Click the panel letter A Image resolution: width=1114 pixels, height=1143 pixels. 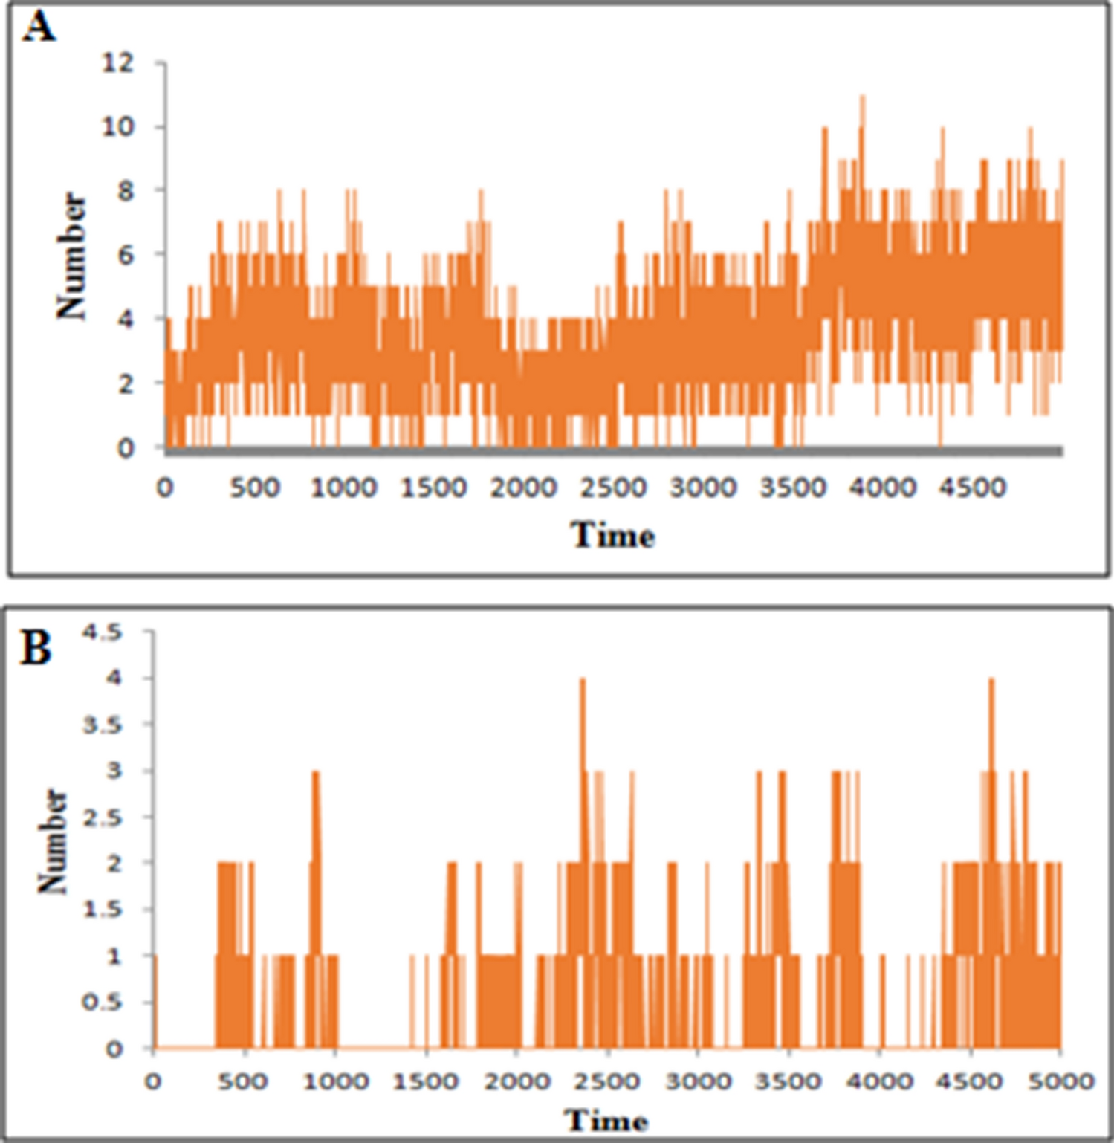coord(39,29)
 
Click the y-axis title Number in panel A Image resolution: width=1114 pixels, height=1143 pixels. coord(72,256)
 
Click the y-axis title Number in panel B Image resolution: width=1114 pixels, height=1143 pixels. coord(53,841)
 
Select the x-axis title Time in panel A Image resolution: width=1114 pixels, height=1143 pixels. coord(612,536)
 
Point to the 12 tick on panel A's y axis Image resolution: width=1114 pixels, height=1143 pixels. coord(118,63)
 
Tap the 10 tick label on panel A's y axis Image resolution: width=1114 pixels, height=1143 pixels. coord(118,127)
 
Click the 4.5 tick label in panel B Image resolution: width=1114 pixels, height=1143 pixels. coord(102,632)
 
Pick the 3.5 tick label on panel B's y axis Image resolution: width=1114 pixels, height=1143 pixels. coord(102,725)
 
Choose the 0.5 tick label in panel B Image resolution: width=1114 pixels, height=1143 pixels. coord(102,1003)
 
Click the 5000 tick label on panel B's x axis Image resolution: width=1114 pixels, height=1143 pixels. coord(1060,1081)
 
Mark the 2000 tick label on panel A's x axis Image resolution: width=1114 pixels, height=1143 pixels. coord(523,488)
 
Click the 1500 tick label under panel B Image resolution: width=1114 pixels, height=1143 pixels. coord(425,1081)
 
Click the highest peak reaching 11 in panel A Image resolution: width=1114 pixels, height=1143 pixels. coord(862,97)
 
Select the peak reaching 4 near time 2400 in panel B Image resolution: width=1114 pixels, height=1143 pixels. coord(583,679)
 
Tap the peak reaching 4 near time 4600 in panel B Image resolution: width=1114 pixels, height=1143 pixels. coord(991,679)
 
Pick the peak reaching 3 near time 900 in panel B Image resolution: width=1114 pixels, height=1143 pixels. coord(316,772)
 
